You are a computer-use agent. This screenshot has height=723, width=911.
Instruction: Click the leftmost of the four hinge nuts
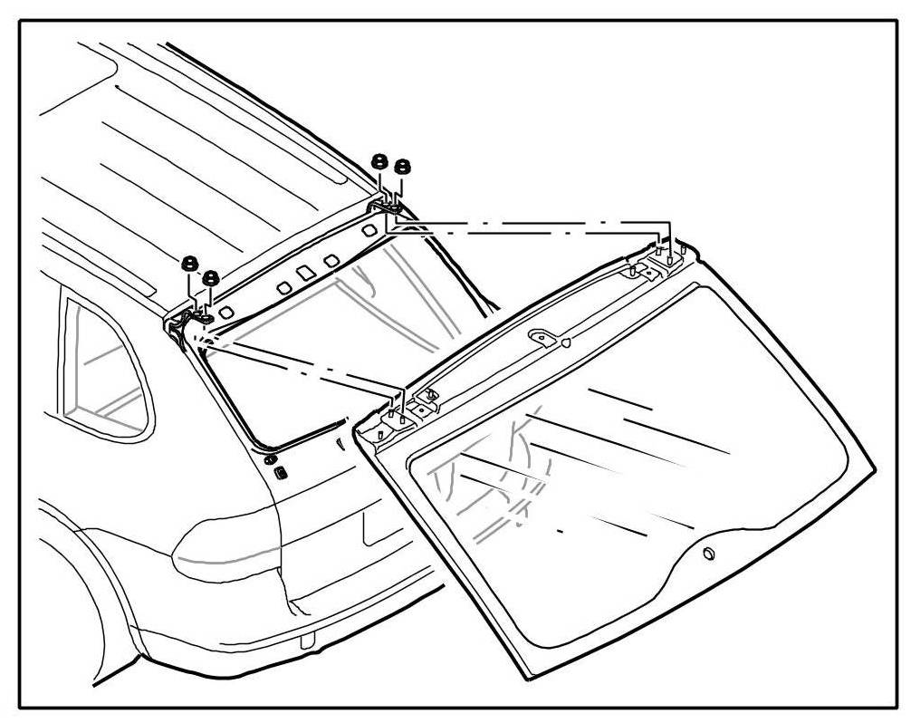tap(190, 264)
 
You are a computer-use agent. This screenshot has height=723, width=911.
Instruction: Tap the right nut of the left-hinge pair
tap(211, 277)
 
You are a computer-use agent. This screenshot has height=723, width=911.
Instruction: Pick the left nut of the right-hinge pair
tap(380, 161)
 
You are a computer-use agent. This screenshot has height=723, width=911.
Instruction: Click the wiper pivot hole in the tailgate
tap(708, 554)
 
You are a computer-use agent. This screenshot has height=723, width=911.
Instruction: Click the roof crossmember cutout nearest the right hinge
tap(368, 231)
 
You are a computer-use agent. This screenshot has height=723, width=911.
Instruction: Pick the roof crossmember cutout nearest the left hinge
tap(225, 312)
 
